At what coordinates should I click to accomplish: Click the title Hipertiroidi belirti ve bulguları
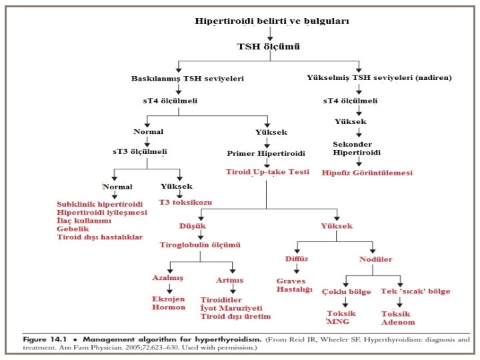pos(271,21)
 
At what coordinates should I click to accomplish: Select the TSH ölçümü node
pos(269,47)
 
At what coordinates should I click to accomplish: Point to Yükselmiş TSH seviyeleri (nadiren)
pos(379,78)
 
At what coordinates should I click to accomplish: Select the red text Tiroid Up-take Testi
pos(267,172)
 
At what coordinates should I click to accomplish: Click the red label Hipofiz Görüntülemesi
pos(367,173)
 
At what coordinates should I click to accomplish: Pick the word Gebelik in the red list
pos(73,229)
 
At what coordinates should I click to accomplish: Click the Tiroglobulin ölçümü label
pos(199,245)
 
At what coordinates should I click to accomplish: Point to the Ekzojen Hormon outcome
pos(168,303)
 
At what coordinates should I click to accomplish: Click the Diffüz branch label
pos(297,259)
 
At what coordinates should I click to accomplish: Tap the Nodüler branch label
pos(375,259)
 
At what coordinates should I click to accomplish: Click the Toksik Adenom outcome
pos(396,317)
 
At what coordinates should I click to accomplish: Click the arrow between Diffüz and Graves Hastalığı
pos(297,269)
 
